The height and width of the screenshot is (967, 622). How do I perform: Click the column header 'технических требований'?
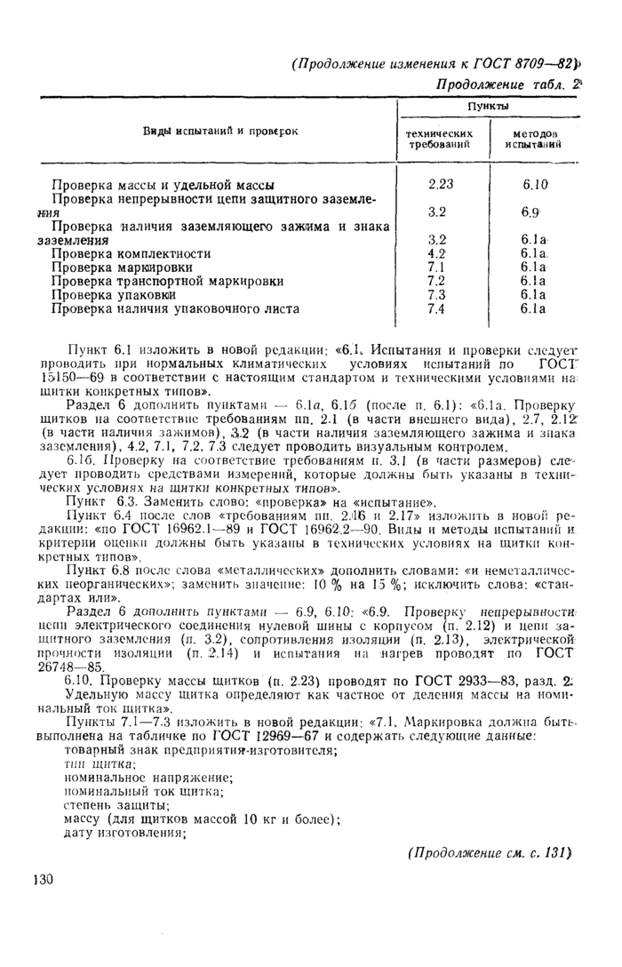click(441, 139)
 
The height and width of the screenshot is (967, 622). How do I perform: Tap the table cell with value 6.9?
click(533, 213)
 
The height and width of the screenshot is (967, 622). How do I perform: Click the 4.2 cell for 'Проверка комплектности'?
click(436, 253)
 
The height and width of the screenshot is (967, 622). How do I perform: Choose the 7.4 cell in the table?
click(436, 308)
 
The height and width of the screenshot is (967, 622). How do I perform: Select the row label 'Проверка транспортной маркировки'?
click(167, 281)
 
